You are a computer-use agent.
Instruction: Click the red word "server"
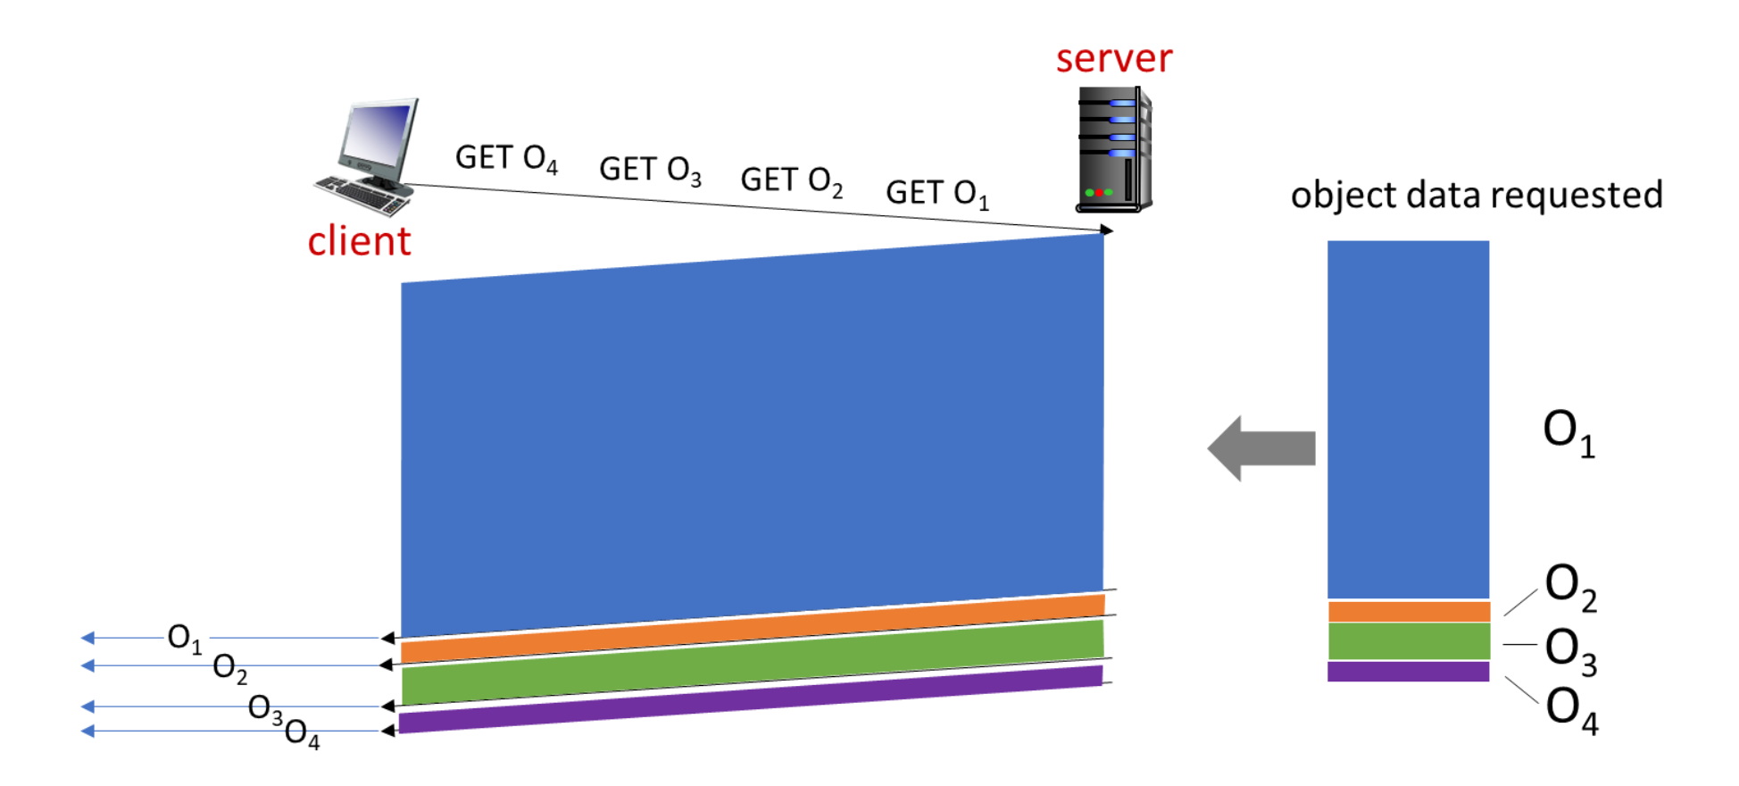click(1113, 59)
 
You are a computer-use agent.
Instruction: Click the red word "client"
click(359, 241)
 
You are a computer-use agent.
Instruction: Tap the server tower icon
click(1113, 149)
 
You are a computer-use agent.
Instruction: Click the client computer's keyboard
click(362, 196)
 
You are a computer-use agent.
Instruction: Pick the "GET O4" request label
click(506, 159)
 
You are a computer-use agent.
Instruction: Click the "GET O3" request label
click(650, 170)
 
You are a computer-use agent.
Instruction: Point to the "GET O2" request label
click(791, 180)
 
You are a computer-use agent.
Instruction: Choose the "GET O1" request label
click(936, 193)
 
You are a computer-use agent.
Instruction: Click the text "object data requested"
click(1477, 195)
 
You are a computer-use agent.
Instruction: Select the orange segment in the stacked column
click(1409, 612)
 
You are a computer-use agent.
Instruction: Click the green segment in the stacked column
click(1409, 641)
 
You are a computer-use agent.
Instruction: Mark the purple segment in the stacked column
click(1409, 672)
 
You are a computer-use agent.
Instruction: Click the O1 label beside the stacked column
click(1568, 433)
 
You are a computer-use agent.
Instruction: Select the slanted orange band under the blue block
click(750, 628)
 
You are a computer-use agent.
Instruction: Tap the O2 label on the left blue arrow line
click(229, 667)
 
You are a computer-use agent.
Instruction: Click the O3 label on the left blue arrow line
click(265, 708)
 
